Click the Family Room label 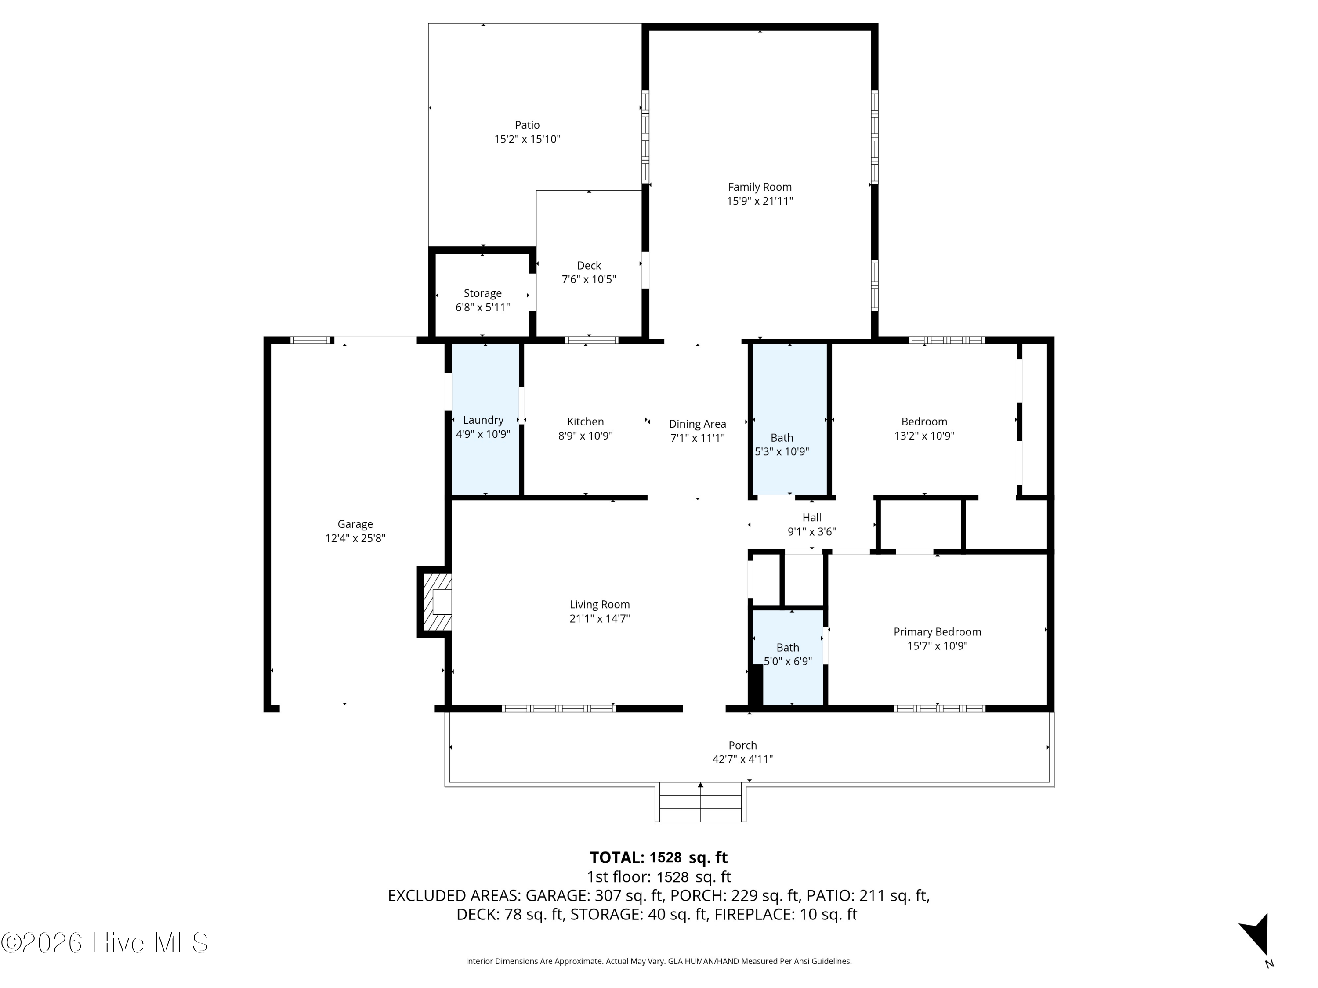(760, 187)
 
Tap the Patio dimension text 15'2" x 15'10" (527, 139)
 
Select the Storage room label (483, 293)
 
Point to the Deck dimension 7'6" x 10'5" (589, 279)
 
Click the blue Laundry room (485, 419)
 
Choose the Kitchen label (585, 422)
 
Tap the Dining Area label (697, 424)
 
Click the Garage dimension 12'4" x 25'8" (355, 538)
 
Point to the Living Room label (599, 605)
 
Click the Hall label (811, 518)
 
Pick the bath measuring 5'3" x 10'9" (790, 419)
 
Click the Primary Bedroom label (937, 632)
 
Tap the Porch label (742, 745)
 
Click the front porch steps (701, 804)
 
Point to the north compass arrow (1256, 936)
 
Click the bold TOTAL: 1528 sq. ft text (659, 858)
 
